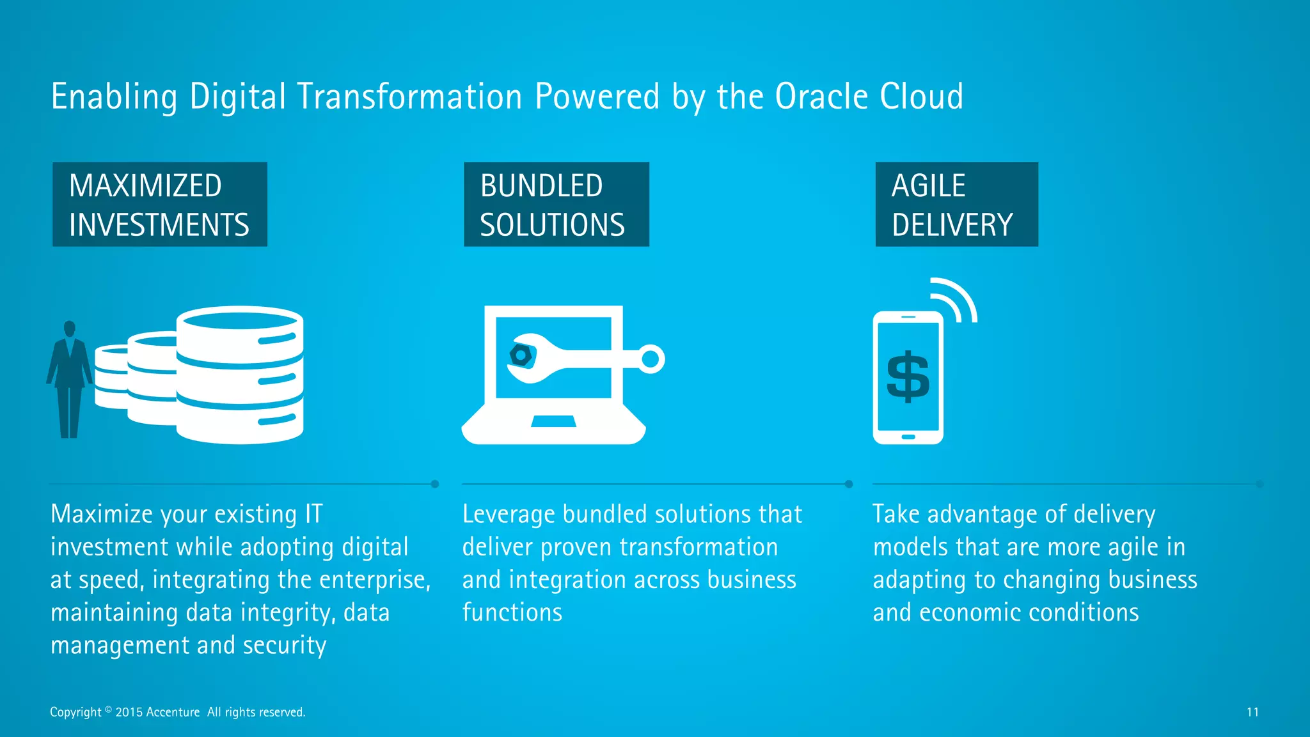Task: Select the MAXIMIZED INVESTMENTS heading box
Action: coord(160,205)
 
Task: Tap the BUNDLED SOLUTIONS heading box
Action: coord(556,205)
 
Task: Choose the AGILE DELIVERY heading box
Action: coord(956,205)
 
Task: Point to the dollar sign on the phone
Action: coord(908,377)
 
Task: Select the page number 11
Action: coord(1252,712)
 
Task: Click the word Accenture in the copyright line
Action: coord(173,712)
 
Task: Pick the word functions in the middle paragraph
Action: coord(512,613)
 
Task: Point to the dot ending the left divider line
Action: coord(435,484)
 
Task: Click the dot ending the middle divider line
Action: coord(849,484)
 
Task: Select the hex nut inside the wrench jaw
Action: coord(520,355)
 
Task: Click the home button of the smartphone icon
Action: coord(908,437)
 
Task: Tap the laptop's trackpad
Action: coord(554,421)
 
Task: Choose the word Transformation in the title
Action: coord(409,97)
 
